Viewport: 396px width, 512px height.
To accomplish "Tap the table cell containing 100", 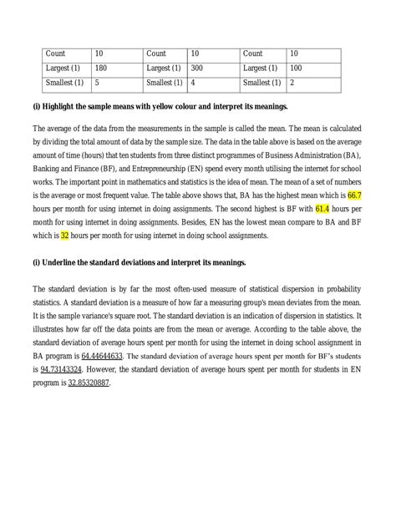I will coord(296,68).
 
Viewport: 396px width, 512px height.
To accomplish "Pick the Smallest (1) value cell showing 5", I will coord(98,84).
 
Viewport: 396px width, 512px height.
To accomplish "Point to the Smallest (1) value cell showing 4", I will coord(194,84).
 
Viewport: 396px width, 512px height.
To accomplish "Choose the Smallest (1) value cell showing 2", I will coord(291,84).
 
